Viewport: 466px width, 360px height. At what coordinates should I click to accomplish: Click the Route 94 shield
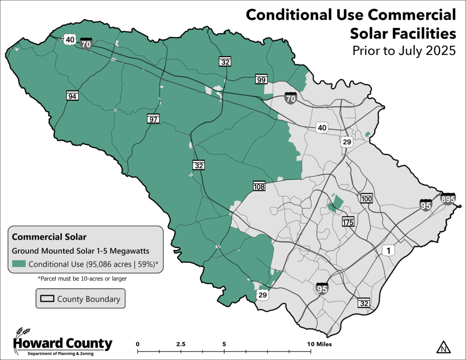(x=73, y=96)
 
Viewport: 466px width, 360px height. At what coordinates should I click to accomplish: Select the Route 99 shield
(x=261, y=80)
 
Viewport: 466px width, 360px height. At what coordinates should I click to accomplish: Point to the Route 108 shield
(x=259, y=186)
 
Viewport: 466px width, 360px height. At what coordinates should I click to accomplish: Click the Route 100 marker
(x=366, y=199)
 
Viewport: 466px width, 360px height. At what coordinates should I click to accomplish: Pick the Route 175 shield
(x=349, y=222)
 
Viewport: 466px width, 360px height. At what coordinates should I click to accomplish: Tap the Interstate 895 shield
(x=448, y=199)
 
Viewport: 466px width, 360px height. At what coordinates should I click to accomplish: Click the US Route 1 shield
(x=389, y=250)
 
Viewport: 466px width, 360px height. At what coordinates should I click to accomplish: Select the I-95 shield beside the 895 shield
(x=426, y=205)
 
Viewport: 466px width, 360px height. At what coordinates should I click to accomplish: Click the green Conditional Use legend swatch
(x=19, y=264)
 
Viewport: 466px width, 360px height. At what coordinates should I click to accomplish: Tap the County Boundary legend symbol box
(x=47, y=299)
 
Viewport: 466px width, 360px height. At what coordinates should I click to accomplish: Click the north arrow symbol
(x=444, y=347)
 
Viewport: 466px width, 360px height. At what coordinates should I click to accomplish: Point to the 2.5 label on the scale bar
(x=180, y=344)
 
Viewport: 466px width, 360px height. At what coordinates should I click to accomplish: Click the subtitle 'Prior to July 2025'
(x=403, y=51)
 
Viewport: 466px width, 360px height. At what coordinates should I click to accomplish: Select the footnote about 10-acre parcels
(x=82, y=279)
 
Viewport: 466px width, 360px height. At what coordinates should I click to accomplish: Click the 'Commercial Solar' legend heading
(x=42, y=237)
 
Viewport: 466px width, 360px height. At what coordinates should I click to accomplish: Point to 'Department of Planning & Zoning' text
(x=60, y=353)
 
